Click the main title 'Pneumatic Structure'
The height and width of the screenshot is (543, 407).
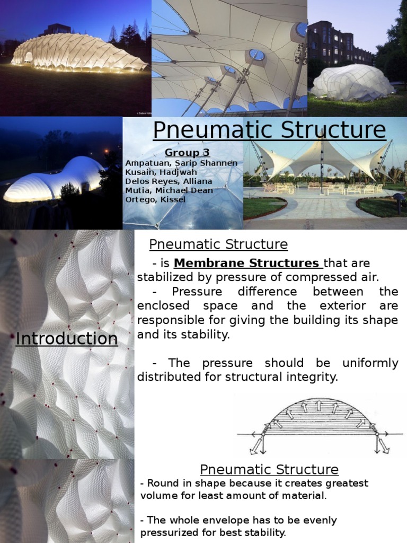point(269,130)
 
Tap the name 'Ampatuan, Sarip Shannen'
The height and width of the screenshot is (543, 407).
point(181,163)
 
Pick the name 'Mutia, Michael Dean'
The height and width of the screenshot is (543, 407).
point(169,190)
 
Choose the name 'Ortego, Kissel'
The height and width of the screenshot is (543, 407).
point(156,199)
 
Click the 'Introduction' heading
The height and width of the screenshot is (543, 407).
point(67,339)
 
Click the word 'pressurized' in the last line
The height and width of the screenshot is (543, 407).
point(172,532)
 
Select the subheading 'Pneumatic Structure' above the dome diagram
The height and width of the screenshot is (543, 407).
point(218,244)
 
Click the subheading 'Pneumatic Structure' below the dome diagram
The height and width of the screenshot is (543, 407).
point(269,469)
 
